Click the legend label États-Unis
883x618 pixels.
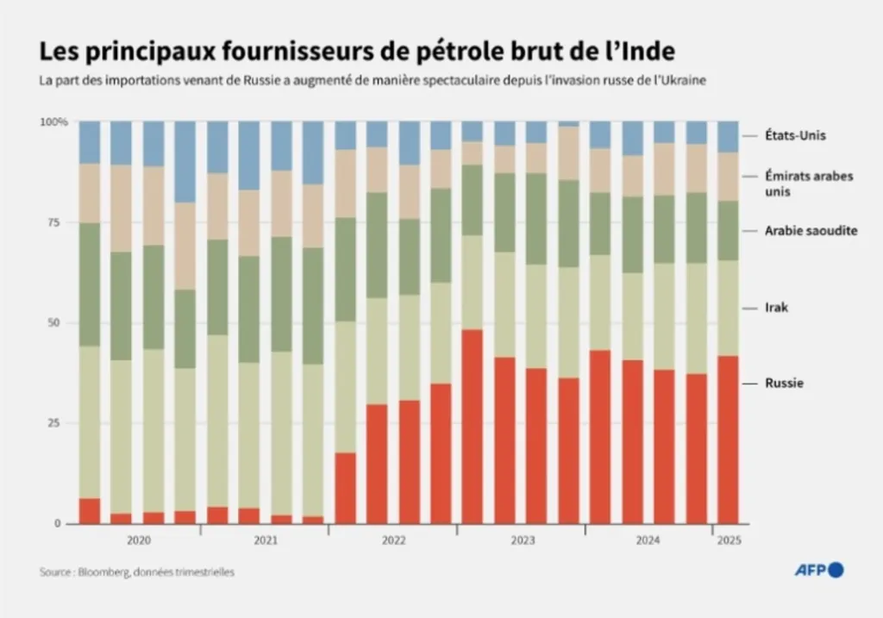tap(796, 135)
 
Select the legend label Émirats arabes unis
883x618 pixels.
tap(809, 183)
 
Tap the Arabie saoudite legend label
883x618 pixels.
tap(811, 231)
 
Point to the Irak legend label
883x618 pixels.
tap(777, 307)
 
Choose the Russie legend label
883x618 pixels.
tap(784, 383)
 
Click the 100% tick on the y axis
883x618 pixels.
tap(53, 122)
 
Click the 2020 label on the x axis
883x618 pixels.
tap(138, 540)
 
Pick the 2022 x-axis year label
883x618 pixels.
tap(393, 540)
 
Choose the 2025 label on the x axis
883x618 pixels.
tap(729, 540)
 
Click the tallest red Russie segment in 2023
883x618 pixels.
tap(473, 427)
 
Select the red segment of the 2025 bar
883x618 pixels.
tap(728, 440)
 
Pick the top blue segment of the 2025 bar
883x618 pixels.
tap(728, 137)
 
